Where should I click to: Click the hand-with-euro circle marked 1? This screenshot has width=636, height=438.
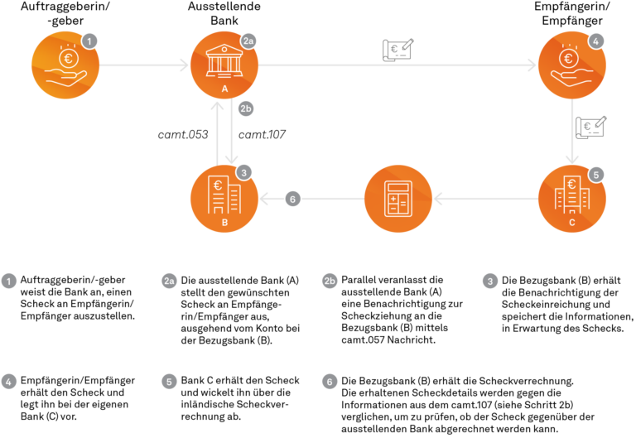[65, 65]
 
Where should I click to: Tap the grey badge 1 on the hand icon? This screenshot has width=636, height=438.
[91, 40]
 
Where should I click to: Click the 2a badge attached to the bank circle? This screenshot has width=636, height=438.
[248, 40]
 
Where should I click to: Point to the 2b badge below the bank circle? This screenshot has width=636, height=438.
[246, 108]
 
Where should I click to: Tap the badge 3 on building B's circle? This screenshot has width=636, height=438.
[243, 172]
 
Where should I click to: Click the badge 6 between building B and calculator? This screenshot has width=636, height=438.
[292, 199]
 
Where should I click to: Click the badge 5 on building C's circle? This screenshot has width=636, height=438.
[596, 175]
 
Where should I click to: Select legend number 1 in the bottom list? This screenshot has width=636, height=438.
[9, 282]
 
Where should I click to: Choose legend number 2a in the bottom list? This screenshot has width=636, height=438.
[170, 282]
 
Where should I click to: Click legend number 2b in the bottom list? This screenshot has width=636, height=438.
[330, 282]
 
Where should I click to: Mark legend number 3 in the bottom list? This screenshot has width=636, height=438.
[490, 282]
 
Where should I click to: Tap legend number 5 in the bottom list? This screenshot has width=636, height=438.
[170, 382]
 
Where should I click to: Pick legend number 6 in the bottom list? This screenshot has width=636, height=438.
[330, 382]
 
